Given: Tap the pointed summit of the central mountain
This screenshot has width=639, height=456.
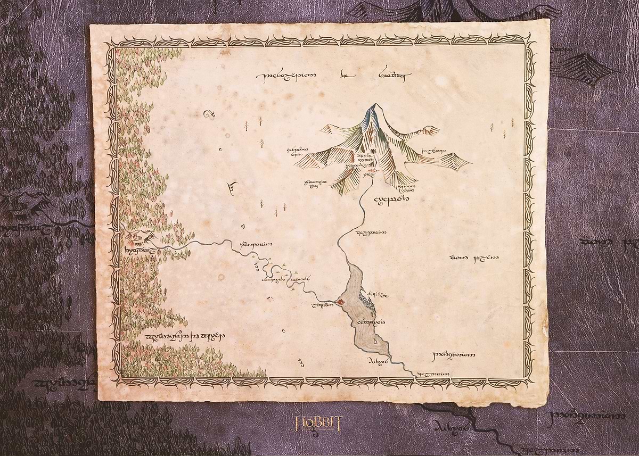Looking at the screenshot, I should click(377, 105).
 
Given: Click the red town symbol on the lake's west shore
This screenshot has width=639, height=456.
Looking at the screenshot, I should click(339, 303).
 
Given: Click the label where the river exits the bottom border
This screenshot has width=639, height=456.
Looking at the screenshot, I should click(432, 374).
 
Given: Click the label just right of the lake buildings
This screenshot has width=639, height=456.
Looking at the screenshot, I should click(382, 294).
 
